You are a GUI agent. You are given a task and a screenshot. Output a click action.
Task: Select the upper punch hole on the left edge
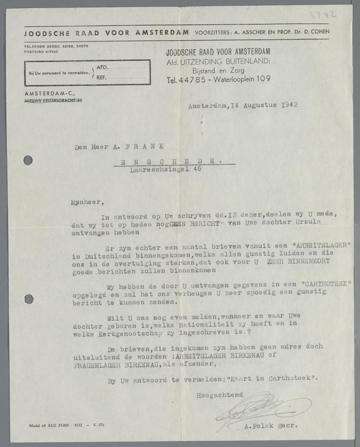(x=28, y=160)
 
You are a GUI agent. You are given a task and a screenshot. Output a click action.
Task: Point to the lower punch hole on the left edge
(x=29, y=299)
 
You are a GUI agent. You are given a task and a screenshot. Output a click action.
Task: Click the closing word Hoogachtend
(x=219, y=395)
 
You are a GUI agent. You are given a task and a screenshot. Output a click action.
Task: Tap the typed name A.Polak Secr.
(x=270, y=426)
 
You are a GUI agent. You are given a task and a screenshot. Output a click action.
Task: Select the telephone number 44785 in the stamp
(x=191, y=80)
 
